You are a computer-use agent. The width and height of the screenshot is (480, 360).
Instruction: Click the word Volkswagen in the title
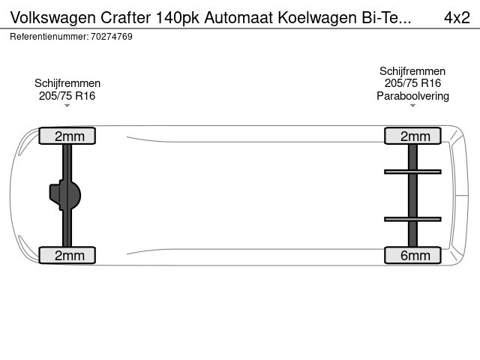[53, 18]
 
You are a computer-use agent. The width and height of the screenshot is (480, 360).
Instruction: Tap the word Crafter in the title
[125, 17]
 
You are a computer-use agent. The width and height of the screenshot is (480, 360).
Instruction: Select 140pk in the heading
[178, 18]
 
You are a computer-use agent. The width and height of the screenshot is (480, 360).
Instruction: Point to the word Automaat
[238, 17]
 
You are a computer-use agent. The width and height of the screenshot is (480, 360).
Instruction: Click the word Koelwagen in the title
[317, 18]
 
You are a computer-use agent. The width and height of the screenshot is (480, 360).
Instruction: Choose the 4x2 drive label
[457, 18]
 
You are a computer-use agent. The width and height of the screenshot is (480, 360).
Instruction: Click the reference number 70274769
[112, 37]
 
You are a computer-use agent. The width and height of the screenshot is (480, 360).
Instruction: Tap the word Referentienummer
[49, 37]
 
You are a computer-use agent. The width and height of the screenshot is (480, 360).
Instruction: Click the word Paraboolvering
[412, 96]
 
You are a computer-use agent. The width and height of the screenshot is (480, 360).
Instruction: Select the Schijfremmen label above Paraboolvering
[412, 71]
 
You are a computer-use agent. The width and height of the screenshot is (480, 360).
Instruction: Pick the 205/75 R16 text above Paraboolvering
[412, 83]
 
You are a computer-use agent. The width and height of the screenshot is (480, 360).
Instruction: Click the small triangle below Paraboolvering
[412, 106]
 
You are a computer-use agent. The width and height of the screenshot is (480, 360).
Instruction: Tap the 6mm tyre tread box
[412, 255]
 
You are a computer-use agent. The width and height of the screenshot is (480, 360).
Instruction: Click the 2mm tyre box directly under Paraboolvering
[412, 136]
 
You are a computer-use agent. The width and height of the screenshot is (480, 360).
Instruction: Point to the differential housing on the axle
[65, 195]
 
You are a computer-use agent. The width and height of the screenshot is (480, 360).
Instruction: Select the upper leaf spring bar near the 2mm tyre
[412, 172]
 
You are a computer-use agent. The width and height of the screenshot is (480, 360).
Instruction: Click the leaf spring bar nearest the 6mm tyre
[412, 219]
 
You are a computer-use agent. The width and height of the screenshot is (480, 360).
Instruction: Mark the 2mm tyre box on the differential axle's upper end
[67, 136]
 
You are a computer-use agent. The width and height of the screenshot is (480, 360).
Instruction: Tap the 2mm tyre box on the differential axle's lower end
[67, 255]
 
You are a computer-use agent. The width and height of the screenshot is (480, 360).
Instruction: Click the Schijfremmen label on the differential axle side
[67, 83]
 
